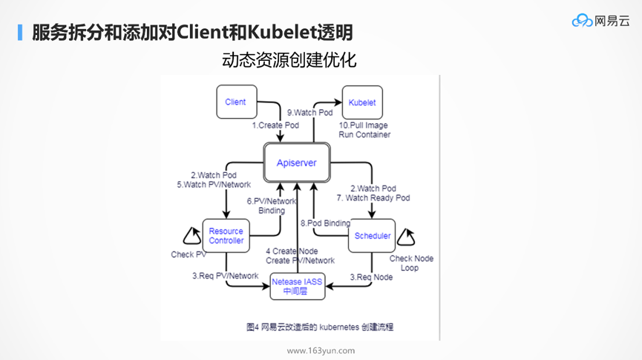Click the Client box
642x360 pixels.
point(235,102)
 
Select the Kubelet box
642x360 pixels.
point(361,102)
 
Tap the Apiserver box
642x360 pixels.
point(296,163)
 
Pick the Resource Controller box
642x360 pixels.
point(226,235)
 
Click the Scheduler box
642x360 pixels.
point(372,236)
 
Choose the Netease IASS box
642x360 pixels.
point(297,287)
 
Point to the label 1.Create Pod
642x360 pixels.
point(275,125)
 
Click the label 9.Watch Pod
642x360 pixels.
point(310,113)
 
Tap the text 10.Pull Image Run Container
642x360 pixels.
point(364,130)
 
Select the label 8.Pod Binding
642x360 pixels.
point(325,223)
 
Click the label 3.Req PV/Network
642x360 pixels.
point(225,276)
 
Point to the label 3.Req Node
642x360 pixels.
point(371,277)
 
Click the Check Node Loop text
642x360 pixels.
point(411,263)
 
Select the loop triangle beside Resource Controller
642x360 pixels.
point(191,237)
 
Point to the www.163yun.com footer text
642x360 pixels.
point(321,351)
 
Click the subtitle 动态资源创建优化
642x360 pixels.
point(289,59)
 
